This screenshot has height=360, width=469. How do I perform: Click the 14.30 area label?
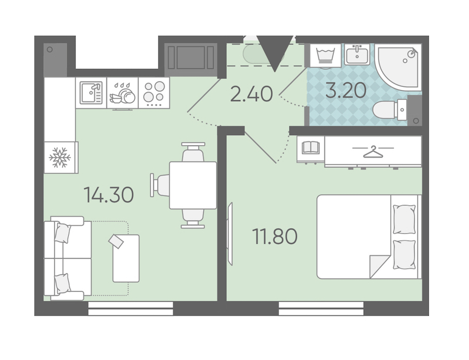tap(108, 195)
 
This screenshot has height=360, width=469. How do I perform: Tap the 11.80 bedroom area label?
tap(275, 236)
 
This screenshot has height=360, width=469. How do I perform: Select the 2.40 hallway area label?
tap(251, 93)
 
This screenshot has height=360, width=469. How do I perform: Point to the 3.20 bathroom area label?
tap(346, 90)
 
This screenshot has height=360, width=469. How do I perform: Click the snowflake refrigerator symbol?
tap(60, 157)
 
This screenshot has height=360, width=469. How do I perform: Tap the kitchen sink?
tap(91, 92)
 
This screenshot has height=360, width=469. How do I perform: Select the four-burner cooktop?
tap(154, 92)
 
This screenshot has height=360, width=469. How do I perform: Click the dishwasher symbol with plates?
tap(122, 93)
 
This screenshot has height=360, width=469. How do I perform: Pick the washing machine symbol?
tap(325, 55)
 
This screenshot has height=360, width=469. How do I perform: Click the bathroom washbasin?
tap(357, 54)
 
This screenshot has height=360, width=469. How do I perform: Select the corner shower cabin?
tap(398, 66)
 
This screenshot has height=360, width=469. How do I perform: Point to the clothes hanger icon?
tap(373, 151)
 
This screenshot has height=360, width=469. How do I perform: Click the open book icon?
tap(311, 148)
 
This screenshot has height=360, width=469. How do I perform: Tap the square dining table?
tap(193, 185)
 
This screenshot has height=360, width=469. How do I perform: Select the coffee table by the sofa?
tap(126, 258)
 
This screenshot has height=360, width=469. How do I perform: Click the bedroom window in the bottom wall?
tap(321, 308)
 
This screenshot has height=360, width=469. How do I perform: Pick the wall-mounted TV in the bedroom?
tap(230, 234)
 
